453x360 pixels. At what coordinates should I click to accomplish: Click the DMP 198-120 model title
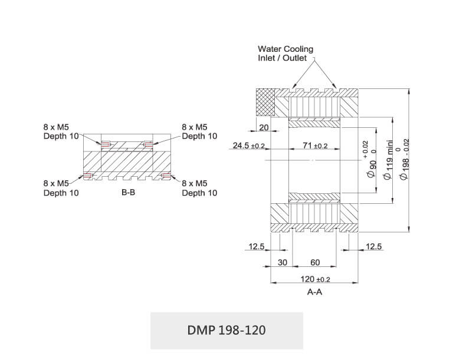(226, 330)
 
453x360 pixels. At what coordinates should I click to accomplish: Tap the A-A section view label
(314, 292)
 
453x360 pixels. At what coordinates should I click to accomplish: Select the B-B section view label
(128, 192)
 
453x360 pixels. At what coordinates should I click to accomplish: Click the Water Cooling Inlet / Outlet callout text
(285, 54)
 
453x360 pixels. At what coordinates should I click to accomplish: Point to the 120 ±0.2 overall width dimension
(315, 279)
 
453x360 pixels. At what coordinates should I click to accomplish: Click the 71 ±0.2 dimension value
(315, 146)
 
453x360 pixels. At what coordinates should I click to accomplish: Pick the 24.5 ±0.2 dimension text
(249, 146)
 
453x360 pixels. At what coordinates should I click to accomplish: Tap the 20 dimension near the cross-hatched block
(264, 127)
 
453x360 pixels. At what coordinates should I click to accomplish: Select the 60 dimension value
(315, 262)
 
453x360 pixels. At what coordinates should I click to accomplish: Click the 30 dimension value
(283, 262)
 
